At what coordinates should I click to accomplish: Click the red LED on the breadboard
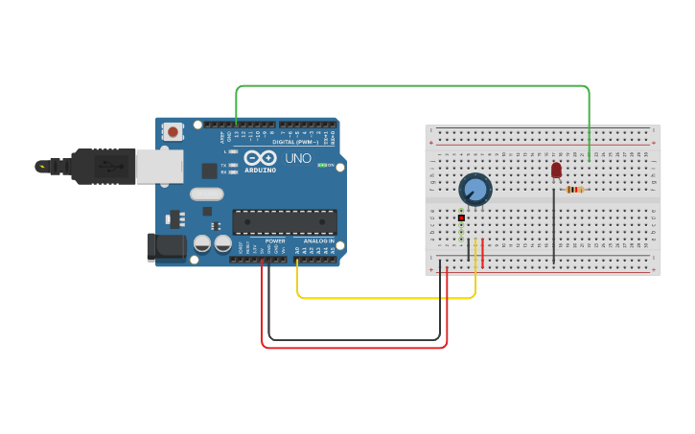556,170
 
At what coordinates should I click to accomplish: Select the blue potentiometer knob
475,189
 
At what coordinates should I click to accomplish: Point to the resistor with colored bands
574,190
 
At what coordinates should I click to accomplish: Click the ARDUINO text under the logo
260,170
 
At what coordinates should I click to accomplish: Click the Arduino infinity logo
260,157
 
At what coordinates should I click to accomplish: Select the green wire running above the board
412,86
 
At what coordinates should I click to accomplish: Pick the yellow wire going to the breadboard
383,298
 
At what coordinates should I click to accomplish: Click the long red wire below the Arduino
355,347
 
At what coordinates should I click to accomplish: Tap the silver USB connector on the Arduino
158,166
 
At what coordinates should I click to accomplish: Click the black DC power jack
167,247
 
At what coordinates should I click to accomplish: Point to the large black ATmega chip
285,222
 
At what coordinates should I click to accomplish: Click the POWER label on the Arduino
275,240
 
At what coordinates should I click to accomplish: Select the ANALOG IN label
319,240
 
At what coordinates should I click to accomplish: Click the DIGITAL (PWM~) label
295,142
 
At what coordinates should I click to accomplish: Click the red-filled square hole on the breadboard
461,217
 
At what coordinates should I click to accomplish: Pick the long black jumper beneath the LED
553,225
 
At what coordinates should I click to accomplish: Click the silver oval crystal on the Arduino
206,194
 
